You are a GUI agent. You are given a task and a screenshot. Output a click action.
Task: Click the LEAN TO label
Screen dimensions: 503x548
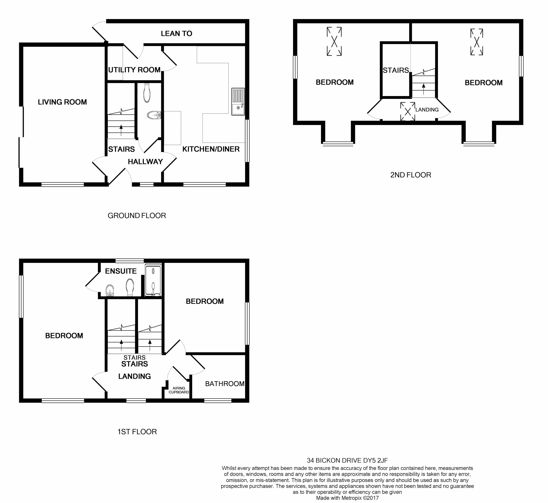click(x=176, y=33)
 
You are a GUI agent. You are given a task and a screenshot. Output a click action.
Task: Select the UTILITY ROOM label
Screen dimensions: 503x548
click(x=134, y=70)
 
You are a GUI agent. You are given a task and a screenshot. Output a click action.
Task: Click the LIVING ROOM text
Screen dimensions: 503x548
click(x=62, y=102)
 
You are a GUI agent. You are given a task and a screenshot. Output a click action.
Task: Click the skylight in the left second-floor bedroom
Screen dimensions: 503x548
click(x=334, y=41)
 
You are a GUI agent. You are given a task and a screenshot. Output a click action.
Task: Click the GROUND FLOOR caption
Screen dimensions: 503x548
click(x=137, y=216)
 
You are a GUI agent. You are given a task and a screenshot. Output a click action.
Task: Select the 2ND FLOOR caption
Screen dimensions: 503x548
click(x=410, y=175)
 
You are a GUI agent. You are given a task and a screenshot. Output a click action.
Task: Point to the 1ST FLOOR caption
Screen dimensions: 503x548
click(x=137, y=432)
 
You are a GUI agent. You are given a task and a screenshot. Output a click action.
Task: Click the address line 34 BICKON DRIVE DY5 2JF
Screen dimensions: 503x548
click(x=347, y=460)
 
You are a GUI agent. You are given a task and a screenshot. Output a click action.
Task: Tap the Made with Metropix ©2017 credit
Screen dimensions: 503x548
click(x=347, y=498)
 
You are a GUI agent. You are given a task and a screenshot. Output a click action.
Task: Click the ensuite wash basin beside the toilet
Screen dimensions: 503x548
click(x=109, y=290)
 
